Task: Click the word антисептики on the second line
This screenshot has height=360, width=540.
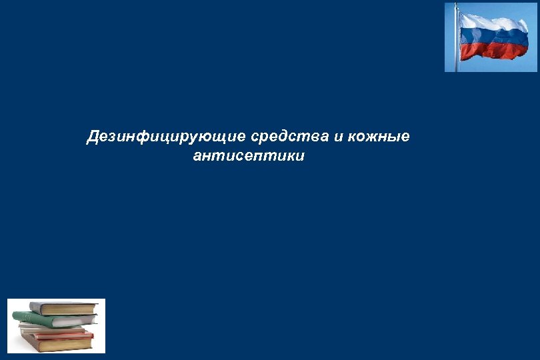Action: pos(248,157)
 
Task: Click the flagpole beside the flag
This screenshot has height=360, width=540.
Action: pos(457,47)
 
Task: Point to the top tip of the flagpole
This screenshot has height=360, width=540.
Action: pos(457,5)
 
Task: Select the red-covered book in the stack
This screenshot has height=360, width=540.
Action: pos(60,336)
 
